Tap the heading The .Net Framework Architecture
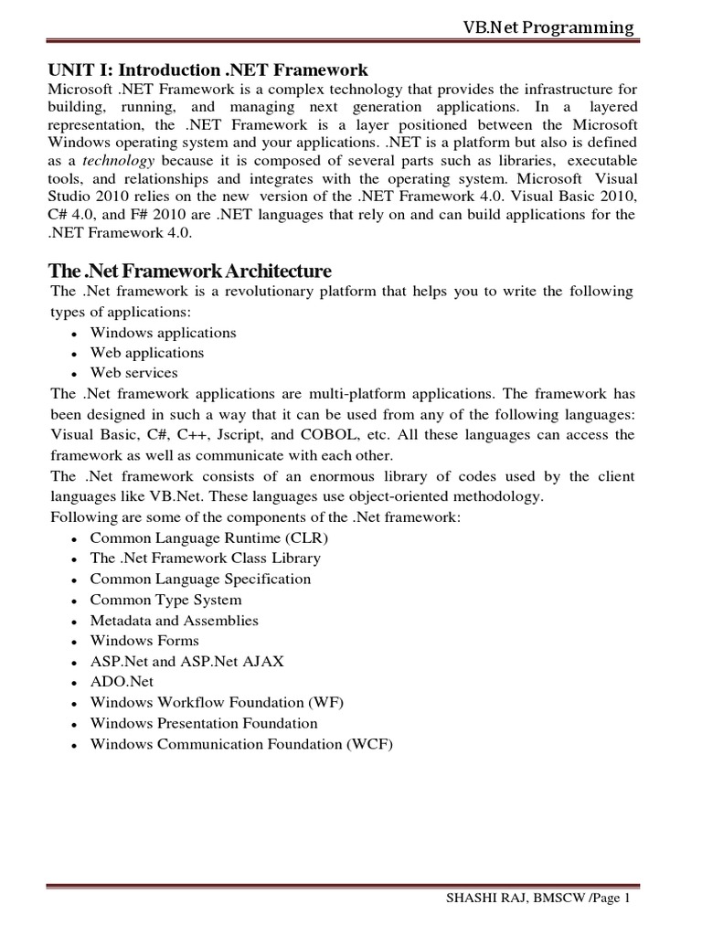(x=189, y=271)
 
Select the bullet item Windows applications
(x=163, y=333)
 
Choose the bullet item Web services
(x=133, y=373)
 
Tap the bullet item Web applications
(x=146, y=353)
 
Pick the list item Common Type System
(x=165, y=600)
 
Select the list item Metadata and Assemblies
(x=174, y=621)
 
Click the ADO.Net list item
(x=122, y=682)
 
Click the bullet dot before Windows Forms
(x=73, y=643)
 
